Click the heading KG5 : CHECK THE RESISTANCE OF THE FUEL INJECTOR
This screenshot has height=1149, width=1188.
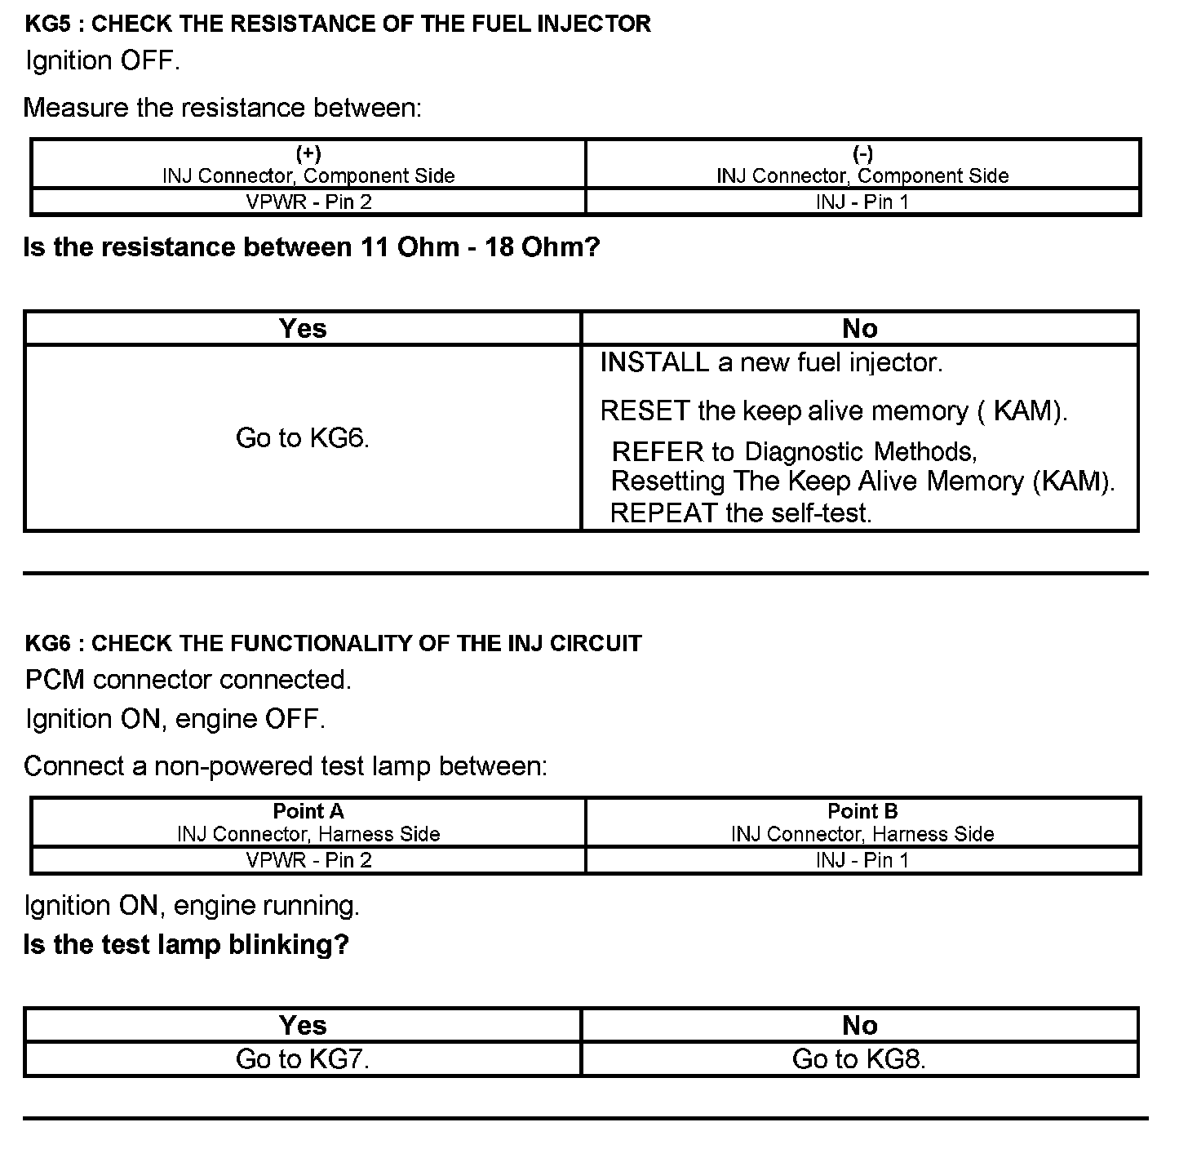point(338,24)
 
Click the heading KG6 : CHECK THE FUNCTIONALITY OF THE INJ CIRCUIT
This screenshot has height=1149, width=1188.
point(333,644)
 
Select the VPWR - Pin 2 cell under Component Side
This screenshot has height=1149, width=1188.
point(308,202)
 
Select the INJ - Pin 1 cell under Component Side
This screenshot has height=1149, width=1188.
point(862,202)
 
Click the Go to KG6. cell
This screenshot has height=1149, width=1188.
point(303,438)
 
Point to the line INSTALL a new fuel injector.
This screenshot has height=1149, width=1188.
point(771,362)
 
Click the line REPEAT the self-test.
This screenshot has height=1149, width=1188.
point(741,512)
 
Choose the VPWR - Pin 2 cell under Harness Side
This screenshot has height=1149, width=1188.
point(308,860)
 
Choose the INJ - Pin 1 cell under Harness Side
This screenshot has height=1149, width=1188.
point(862,860)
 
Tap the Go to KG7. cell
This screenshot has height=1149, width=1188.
point(303,1059)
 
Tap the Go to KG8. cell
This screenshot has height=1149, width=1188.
point(859,1059)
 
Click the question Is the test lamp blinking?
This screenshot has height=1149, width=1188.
point(186,945)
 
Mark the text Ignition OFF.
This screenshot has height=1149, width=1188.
point(102,61)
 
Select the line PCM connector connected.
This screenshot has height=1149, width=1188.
point(188,680)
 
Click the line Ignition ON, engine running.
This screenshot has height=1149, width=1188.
point(192,906)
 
